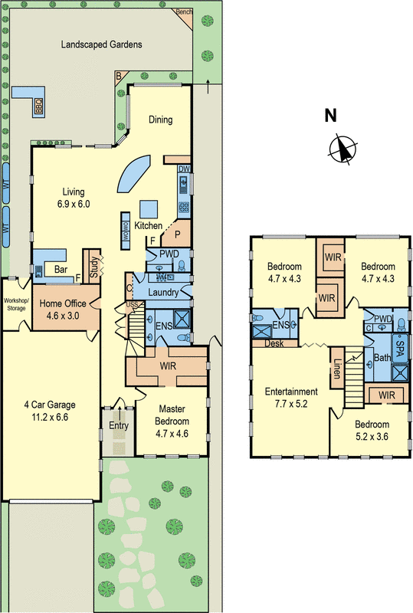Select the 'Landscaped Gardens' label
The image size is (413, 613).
point(102,45)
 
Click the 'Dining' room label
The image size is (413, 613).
point(161,120)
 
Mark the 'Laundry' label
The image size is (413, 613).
point(166,292)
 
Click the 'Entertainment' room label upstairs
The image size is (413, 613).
point(290,392)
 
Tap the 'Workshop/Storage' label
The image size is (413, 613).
point(15,305)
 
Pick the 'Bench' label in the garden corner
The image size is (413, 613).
point(184,11)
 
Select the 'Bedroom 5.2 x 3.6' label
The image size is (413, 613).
point(372,430)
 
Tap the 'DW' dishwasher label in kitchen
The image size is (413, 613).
point(184,169)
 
